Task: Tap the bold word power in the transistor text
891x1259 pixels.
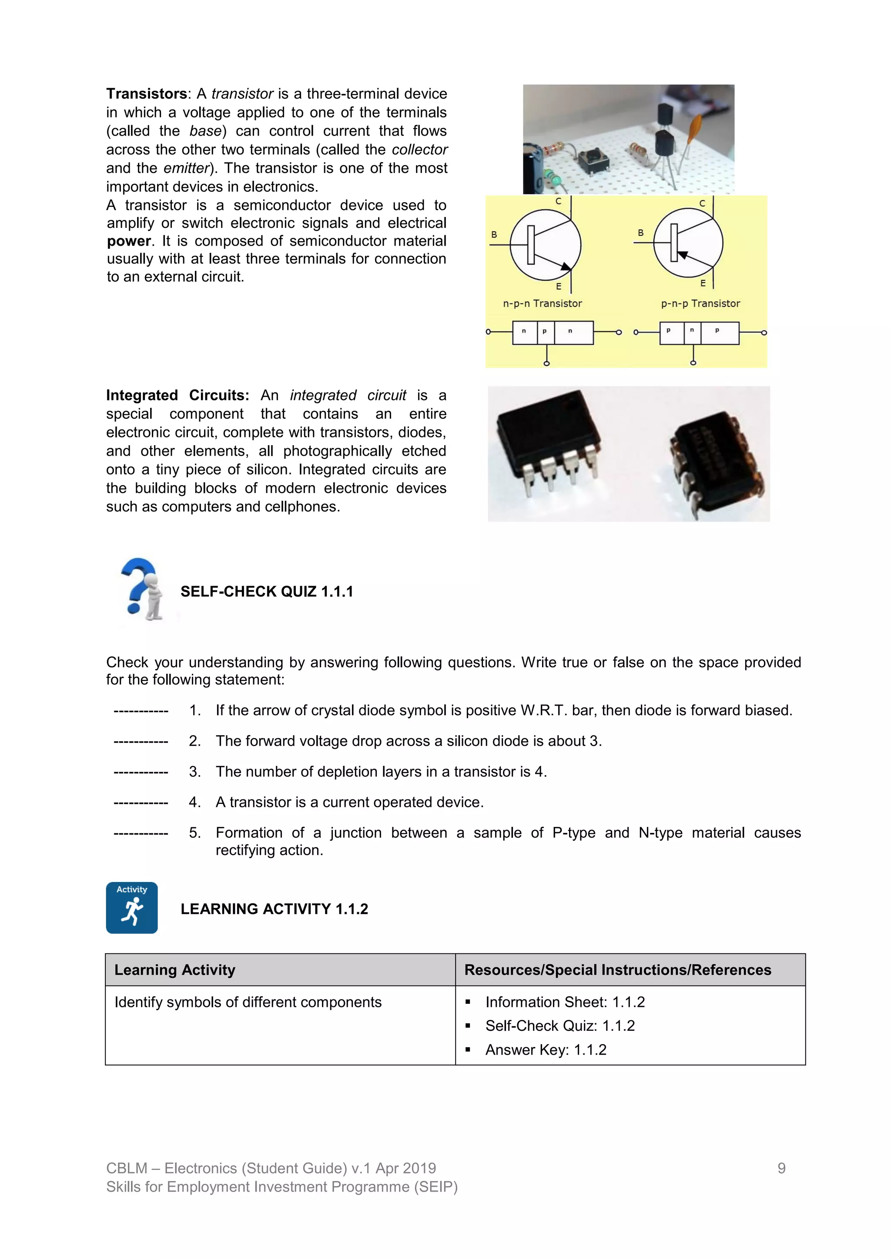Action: [x=128, y=241]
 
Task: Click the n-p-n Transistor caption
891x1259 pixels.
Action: [x=542, y=303]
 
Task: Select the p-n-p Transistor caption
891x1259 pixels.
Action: [x=700, y=303]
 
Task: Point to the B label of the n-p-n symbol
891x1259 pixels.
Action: [x=494, y=235]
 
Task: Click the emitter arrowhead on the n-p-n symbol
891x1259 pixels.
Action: [x=565, y=266]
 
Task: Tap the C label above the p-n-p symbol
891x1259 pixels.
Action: [x=702, y=203]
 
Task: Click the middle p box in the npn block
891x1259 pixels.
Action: [x=545, y=332]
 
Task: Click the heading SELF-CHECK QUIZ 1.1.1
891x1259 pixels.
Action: [x=267, y=592]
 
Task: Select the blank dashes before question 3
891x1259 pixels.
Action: [x=141, y=772]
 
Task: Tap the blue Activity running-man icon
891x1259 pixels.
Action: [x=132, y=907]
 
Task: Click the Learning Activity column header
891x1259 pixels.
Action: [x=174, y=969]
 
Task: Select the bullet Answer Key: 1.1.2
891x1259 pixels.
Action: [x=546, y=1049]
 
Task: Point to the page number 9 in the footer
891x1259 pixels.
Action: [x=781, y=1168]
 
